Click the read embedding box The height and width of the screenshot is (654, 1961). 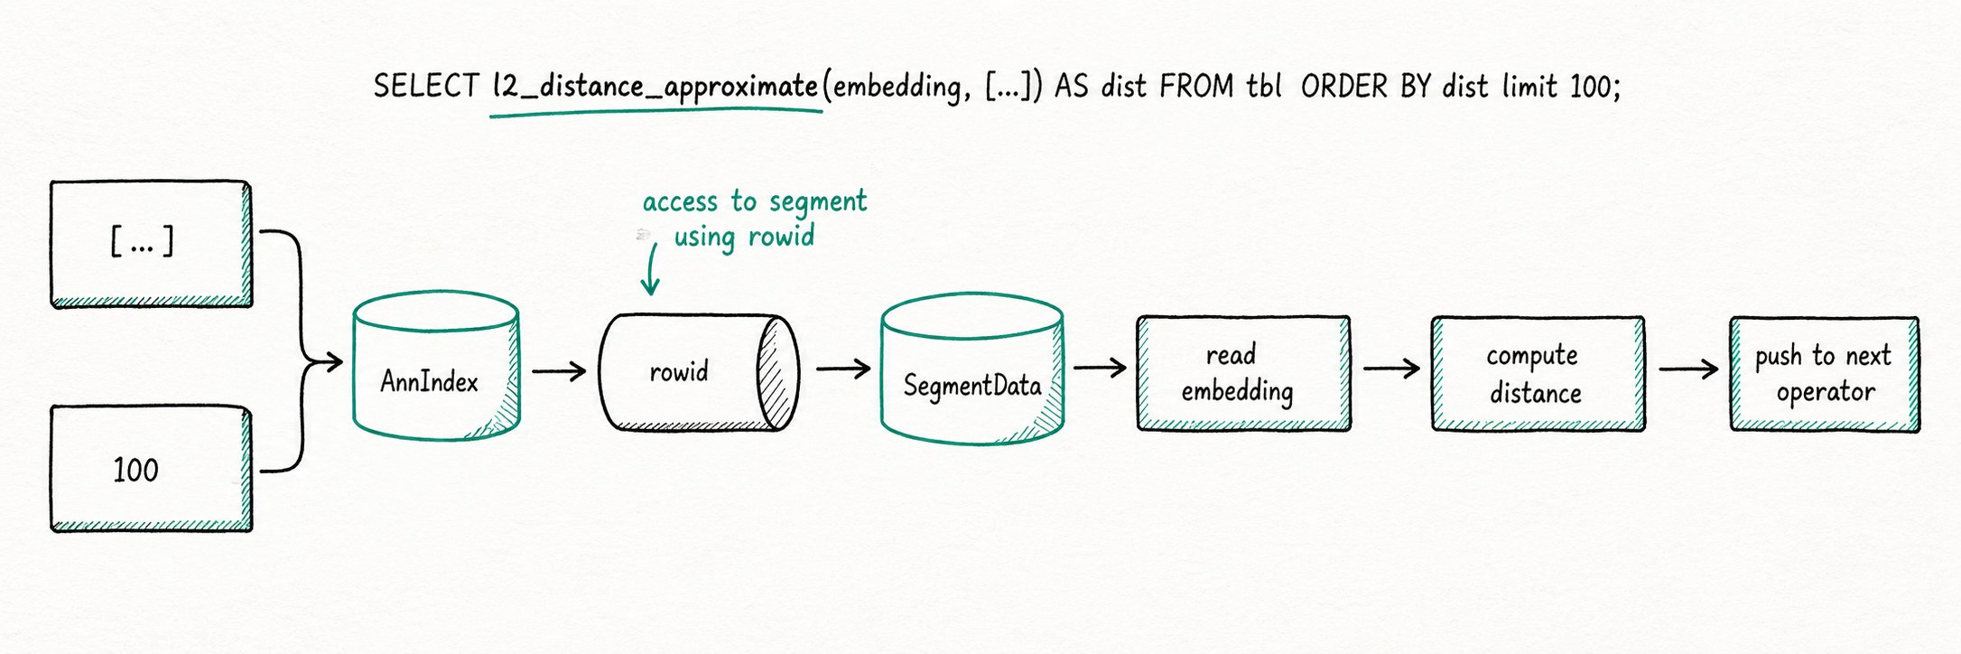(x=1243, y=373)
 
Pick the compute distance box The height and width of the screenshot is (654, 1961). (x=1537, y=374)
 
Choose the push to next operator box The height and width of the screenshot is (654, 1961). (x=1824, y=374)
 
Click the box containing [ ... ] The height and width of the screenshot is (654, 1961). (x=151, y=244)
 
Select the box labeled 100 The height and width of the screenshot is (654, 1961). (x=151, y=469)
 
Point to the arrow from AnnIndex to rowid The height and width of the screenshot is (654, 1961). (x=559, y=370)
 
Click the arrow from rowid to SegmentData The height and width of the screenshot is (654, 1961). (x=843, y=369)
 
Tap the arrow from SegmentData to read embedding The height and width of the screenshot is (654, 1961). (x=1100, y=367)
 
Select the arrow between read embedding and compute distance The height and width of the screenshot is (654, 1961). (x=1391, y=369)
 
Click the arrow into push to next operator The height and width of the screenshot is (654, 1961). (x=1688, y=369)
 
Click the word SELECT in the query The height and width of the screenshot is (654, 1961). (x=425, y=86)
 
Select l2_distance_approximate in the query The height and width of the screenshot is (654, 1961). (x=655, y=87)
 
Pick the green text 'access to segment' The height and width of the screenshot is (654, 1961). (x=755, y=201)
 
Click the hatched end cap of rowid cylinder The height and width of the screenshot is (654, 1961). (x=777, y=372)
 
